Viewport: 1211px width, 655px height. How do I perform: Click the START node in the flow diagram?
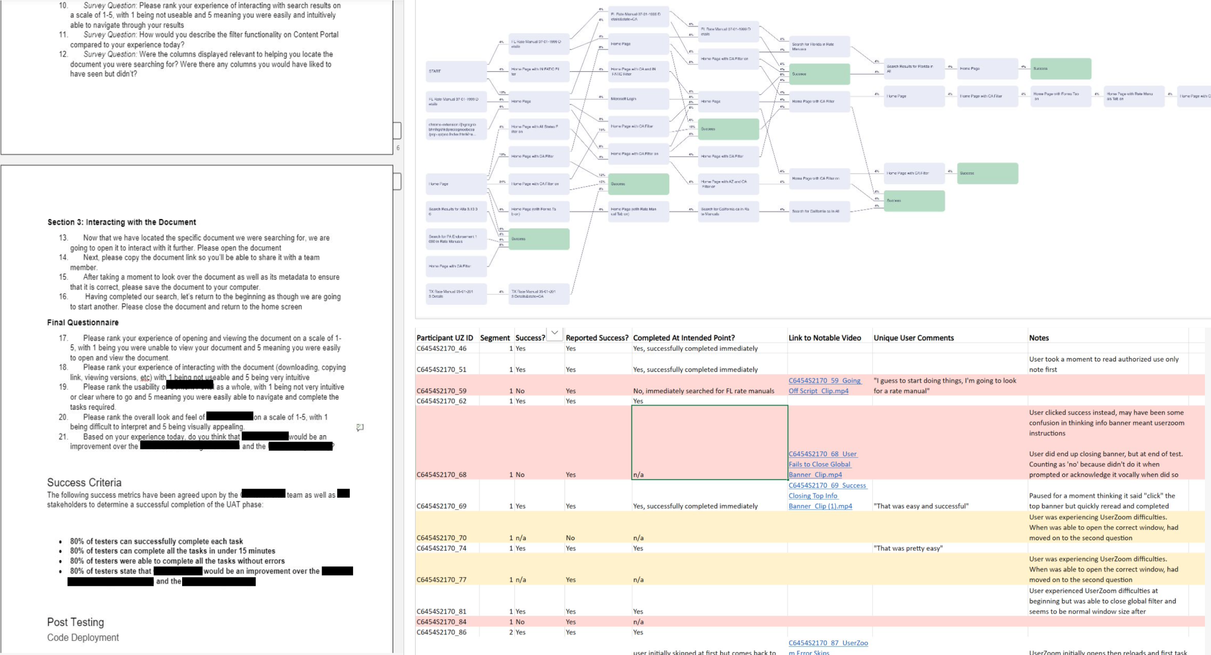(456, 71)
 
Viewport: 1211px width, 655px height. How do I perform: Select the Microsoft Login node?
(638, 99)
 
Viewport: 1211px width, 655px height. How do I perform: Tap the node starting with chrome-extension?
(456, 129)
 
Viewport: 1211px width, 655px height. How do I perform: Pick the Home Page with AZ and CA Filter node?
(728, 184)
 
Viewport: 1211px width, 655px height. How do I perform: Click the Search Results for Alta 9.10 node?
(456, 212)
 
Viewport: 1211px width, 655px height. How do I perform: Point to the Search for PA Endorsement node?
(456, 239)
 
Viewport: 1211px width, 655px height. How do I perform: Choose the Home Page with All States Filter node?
(538, 129)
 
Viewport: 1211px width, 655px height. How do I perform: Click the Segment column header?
(495, 338)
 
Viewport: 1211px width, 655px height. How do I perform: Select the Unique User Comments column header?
(913, 338)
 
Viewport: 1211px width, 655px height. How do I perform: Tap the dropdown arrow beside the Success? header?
(555, 333)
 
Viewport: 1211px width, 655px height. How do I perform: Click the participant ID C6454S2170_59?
(441, 391)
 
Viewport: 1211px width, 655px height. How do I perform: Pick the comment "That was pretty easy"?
(908, 548)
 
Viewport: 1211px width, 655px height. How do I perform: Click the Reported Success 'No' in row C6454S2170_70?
(570, 538)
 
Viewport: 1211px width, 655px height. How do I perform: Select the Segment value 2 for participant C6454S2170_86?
(511, 632)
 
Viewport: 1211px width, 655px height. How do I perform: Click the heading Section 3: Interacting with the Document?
(122, 222)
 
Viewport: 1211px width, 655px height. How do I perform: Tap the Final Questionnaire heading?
(83, 322)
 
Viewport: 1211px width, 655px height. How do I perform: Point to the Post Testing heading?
(76, 622)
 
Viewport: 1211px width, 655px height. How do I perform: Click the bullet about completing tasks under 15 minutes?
(172, 551)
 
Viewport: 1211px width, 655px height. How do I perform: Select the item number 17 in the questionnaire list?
(63, 338)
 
